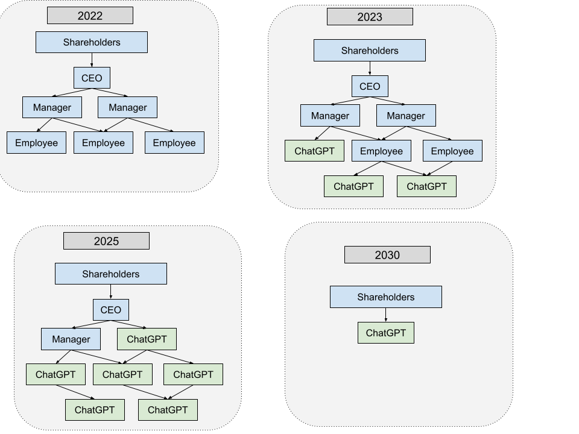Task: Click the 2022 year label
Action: tap(90, 16)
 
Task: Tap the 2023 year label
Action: tap(370, 17)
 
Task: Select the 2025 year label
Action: tap(106, 241)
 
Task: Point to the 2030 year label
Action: tap(387, 254)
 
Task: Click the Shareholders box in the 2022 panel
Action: tap(92, 42)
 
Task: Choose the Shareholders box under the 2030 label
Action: tap(386, 297)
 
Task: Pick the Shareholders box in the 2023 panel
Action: tap(370, 50)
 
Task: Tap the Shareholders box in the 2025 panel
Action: tap(111, 274)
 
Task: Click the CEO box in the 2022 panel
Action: tap(92, 78)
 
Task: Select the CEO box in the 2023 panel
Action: tap(370, 86)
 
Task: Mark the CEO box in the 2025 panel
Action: tap(111, 310)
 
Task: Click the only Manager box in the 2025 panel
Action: tap(71, 339)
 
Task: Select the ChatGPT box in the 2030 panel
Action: tap(386, 333)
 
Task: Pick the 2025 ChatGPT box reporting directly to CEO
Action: tap(147, 339)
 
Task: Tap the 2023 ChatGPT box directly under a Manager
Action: tap(315, 151)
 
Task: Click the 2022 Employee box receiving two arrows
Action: tap(103, 142)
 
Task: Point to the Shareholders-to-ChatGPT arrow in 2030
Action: tap(386, 315)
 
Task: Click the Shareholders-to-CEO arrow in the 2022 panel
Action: tap(92, 60)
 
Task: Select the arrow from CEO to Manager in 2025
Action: tap(91, 324)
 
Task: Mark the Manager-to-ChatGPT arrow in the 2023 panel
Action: tap(322, 133)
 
